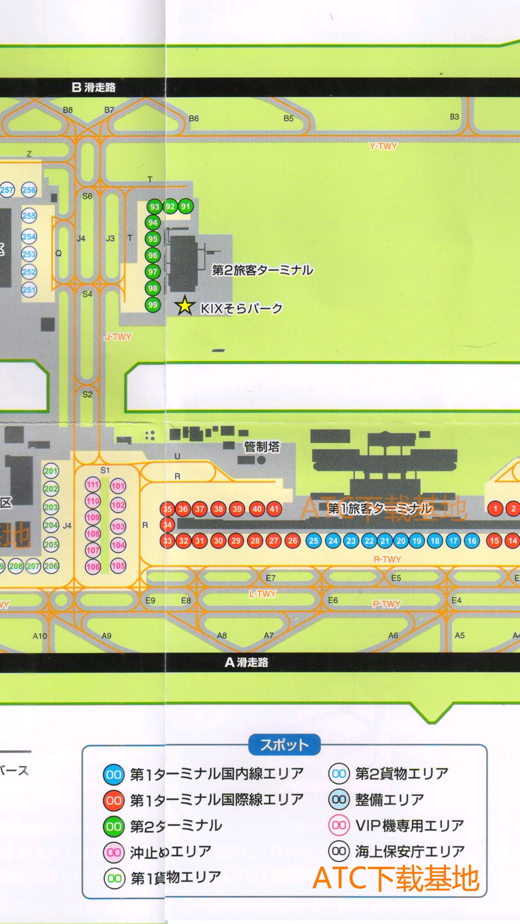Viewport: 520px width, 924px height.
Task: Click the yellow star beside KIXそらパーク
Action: point(184,306)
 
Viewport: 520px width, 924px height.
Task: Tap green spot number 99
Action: point(153,305)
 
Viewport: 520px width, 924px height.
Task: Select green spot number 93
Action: point(154,207)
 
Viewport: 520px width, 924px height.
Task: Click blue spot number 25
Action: point(313,540)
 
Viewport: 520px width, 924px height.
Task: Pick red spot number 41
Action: point(274,509)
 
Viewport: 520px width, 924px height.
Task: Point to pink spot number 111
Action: point(93,485)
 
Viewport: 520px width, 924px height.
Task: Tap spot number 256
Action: point(29,190)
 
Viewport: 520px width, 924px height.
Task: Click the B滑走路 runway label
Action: point(94,87)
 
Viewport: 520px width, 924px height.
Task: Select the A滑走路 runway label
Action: point(247,662)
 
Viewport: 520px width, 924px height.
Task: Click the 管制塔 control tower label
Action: point(261,447)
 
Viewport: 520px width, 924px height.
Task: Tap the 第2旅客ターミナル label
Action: point(262,270)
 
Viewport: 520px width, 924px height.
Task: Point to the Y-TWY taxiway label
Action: point(383,146)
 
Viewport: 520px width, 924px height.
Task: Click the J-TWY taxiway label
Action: point(118,337)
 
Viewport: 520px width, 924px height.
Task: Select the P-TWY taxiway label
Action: point(387,603)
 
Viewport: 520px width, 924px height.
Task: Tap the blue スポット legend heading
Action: point(284,745)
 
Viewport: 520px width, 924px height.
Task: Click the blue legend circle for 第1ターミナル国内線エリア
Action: point(114,774)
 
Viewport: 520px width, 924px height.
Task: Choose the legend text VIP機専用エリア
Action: point(409,825)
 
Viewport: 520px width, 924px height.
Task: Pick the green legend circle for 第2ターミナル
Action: point(114,826)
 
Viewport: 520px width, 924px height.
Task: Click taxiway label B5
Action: point(288,118)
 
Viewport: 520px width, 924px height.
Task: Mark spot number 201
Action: point(51,471)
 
